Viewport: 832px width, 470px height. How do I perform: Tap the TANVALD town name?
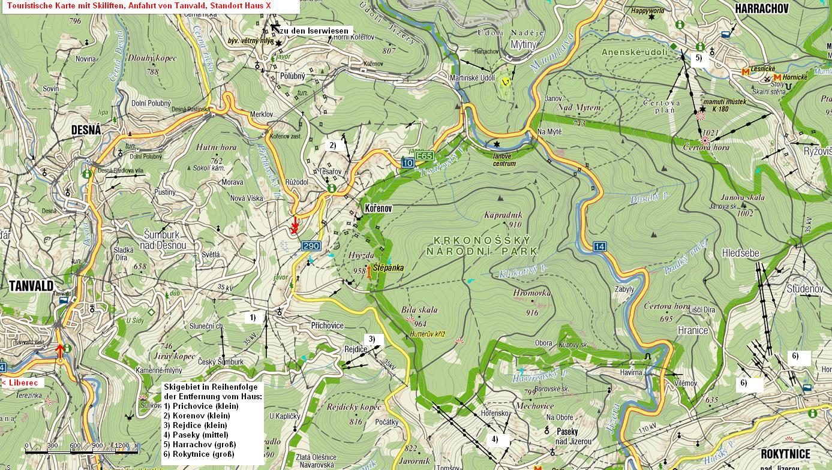point(31,285)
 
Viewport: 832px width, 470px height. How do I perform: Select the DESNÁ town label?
point(86,130)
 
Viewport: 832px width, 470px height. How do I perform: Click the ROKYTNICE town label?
point(794,454)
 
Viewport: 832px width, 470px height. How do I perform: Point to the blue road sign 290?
point(311,246)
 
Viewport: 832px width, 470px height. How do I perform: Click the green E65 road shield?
point(424,156)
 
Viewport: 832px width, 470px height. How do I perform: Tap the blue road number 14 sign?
point(599,246)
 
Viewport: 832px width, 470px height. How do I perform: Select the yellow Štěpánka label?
point(388,268)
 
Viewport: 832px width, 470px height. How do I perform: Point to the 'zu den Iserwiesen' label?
point(314,31)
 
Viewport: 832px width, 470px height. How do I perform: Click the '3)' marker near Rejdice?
point(372,339)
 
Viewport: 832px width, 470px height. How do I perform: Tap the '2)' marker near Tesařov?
point(332,145)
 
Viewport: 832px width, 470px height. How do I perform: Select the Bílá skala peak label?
point(419,310)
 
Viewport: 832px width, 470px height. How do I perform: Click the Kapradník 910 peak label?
point(503,215)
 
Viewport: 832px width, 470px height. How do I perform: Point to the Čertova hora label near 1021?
point(706,147)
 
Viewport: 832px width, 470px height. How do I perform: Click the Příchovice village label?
point(328,326)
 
